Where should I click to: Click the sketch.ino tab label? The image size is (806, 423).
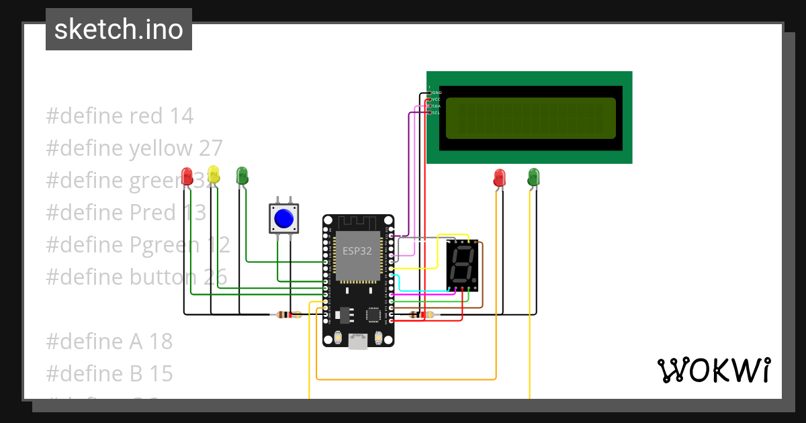(x=119, y=30)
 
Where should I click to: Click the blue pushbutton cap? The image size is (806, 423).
(x=284, y=219)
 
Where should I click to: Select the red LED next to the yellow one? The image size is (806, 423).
(x=187, y=177)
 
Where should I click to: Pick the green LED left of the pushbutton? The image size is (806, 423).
(x=242, y=176)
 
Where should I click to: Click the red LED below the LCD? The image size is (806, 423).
(x=499, y=178)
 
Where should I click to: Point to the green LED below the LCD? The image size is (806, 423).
(x=533, y=177)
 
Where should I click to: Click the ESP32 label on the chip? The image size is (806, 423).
(x=357, y=251)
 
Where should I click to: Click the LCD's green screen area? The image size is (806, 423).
(x=531, y=118)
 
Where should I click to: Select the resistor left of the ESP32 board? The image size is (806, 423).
(x=289, y=314)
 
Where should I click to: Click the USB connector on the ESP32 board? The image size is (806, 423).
(x=358, y=342)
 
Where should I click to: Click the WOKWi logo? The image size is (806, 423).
(x=713, y=370)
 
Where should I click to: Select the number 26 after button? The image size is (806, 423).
(x=213, y=277)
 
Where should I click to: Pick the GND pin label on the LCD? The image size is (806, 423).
(x=437, y=92)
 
